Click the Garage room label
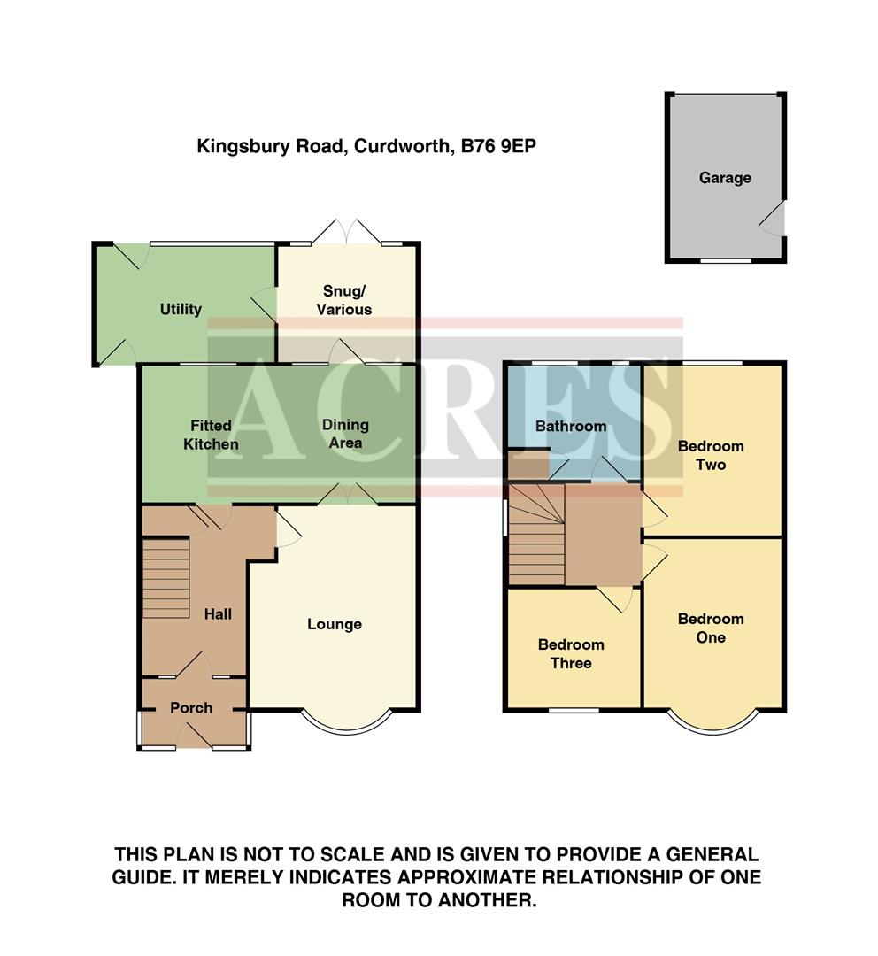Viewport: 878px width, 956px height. pos(725,178)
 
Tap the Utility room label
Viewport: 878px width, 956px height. pos(181,309)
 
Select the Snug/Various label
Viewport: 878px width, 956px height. pos(346,300)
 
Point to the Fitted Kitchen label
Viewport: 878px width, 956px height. pos(211,435)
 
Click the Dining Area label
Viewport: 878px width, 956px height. pos(345,434)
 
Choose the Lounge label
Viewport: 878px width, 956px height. pos(335,625)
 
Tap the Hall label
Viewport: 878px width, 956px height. pos(218,613)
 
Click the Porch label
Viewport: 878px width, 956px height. pos(191,707)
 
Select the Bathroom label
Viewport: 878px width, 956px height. pos(571,426)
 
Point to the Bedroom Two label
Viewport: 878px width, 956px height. pos(711,455)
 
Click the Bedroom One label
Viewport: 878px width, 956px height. pos(711,628)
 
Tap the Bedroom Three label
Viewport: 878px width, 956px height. pos(571,654)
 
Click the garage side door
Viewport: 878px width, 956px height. pos(774,218)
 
